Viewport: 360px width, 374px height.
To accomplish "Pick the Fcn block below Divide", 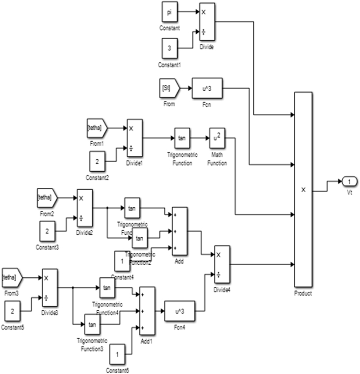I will pyautogui.click(x=207, y=89).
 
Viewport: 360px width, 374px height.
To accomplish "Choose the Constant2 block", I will pyautogui.click(x=97, y=161).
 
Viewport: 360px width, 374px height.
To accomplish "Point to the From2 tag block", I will pyautogui.click(x=47, y=197).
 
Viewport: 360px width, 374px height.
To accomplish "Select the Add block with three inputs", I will pyautogui.click(x=180, y=230).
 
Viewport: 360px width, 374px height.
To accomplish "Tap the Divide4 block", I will pyautogui.click(x=222, y=264).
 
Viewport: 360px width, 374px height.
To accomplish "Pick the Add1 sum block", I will pyautogui.click(x=147, y=310).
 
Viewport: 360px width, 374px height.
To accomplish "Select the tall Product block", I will pyautogui.click(x=303, y=190).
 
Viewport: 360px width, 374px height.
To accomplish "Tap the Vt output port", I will pyautogui.click(x=346, y=182).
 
